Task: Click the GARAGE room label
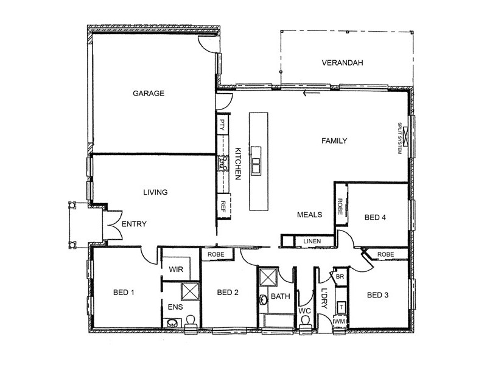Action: click(x=149, y=93)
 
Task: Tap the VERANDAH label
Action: click(x=342, y=63)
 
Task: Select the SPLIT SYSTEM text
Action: click(x=400, y=138)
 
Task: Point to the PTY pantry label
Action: click(x=222, y=125)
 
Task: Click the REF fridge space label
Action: click(x=223, y=206)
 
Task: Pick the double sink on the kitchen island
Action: click(x=256, y=165)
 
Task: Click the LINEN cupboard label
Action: click(x=312, y=241)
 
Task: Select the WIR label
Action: click(x=176, y=269)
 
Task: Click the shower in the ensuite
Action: click(x=190, y=291)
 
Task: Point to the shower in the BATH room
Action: click(x=268, y=277)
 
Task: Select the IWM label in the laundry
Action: click(x=339, y=322)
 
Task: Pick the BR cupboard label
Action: click(x=340, y=276)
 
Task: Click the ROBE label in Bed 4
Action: click(x=340, y=207)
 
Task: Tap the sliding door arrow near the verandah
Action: click(x=311, y=92)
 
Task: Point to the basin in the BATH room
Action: click(x=264, y=300)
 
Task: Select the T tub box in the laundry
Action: click(x=342, y=307)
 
